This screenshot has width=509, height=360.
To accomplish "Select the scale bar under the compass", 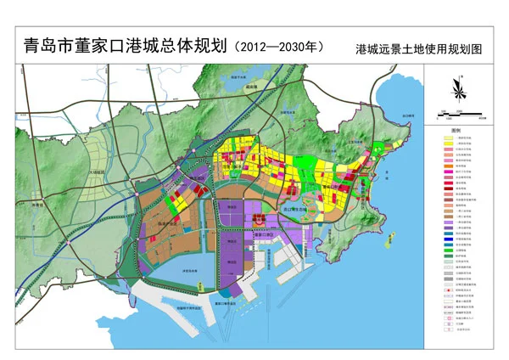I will [458, 111].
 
